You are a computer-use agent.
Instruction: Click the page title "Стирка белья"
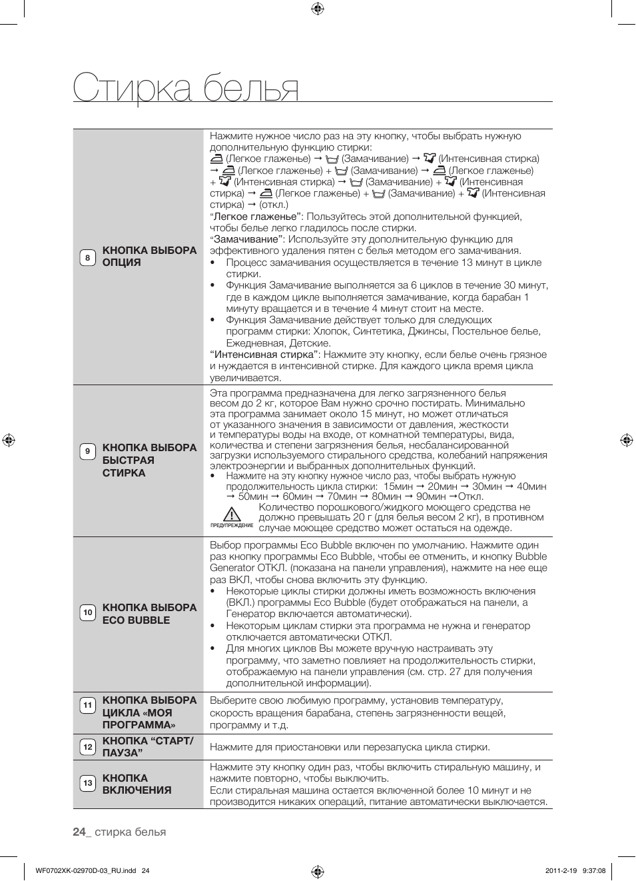pyautogui.click(x=186, y=88)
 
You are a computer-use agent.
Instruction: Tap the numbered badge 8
pyautogui.click(x=87, y=257)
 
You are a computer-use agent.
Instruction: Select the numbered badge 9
pyautogui.click(x=87, y=452)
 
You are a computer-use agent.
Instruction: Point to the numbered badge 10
pyautogui.click(x=87, y=613)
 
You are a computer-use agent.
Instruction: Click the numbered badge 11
pyautogui.click(x=87, y=705)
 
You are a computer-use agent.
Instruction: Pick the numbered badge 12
pyautogui.click(x=87, y=747)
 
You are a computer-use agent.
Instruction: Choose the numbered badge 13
pyautogui.click(x=87, y=783)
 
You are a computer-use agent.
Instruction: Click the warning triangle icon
pyautogui.click(x=231, y=514)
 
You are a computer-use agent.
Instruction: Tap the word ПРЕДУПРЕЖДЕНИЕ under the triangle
pyautogui.click(x=232, y=526)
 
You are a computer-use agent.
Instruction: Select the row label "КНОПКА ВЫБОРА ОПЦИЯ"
pyautogui.click(x=149, y=257)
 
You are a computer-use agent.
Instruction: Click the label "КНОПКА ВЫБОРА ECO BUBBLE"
pyautogui.click(x=149, y=614)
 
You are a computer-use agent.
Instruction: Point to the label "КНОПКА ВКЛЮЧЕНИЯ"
pyautogui.click(x=137, y=784)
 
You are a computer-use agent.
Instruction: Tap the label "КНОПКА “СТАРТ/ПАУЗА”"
pyautogui.click(x=148, y=747)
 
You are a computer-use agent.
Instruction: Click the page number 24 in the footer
pyautogui.click(x=79, y=832)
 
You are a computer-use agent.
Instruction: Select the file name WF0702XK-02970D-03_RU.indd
pyautogui.click(x=85, y=870)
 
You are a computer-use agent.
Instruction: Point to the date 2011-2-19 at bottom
pyautogui.click(x=560, y=870)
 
